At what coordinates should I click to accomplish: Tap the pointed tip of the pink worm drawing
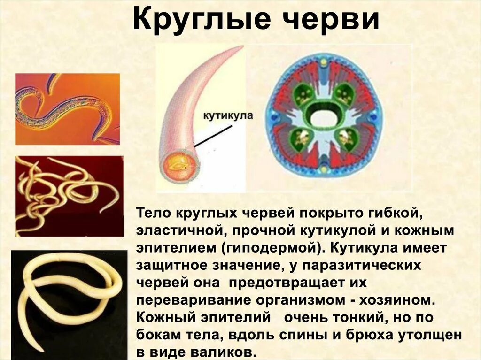point(242,47)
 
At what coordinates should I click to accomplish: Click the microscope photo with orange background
point(67,109)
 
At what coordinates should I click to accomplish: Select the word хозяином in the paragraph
point(402,299)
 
